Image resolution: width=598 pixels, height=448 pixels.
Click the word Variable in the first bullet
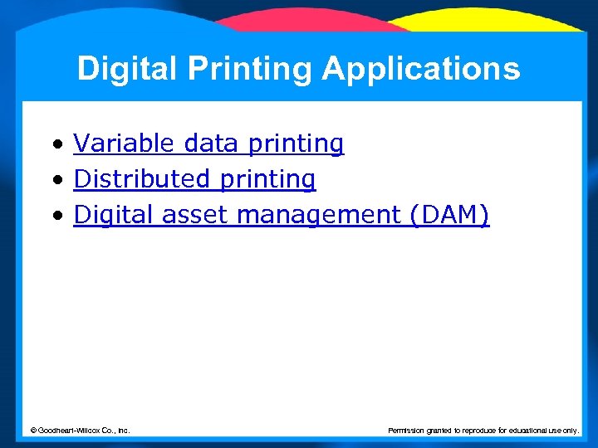coord(125,144)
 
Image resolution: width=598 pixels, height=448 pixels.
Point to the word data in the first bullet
coord(210,144)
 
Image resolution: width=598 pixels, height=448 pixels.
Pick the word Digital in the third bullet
coord(114,216)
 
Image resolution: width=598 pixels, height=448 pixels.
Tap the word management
coord(319,216)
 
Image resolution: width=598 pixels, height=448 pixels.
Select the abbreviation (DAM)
coord(448,216)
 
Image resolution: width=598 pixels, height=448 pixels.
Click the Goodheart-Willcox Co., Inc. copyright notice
coord(80,430)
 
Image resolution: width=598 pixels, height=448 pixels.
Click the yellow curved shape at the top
coord(490,21)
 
